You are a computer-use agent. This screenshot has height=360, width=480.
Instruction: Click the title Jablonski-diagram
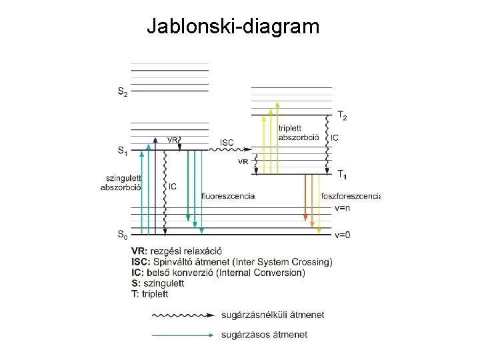pos(233,27)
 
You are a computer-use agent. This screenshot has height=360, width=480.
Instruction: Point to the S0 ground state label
pos(123,234)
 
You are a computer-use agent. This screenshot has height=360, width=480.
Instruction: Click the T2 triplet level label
pos(342,117)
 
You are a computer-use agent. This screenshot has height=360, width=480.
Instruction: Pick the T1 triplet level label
pos(342,175)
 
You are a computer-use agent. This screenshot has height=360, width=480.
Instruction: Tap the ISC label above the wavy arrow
pos(227,142)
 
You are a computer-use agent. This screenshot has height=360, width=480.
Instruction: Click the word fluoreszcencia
pos(228,195)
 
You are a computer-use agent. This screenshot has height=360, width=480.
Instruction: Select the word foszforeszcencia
pos(350,195)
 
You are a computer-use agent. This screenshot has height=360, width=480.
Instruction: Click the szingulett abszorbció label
pos(121,182)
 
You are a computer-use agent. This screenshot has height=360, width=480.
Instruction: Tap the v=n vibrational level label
pos(343,208)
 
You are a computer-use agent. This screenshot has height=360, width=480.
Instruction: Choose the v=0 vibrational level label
pos(343,235)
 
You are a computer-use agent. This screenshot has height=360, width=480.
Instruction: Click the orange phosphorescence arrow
pos(305,197)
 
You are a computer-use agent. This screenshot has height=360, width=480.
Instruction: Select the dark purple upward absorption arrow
pos(155,187)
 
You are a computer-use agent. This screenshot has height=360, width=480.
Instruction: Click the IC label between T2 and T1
pos(335,138)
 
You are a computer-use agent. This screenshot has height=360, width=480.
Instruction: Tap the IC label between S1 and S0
pos(173,187)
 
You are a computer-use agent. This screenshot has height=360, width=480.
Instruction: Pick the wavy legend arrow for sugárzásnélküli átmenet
pos(184,314)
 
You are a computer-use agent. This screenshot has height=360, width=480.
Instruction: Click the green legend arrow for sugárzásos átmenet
pos(184,335)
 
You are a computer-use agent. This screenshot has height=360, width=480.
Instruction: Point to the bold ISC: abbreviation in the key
pos(142,262)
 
